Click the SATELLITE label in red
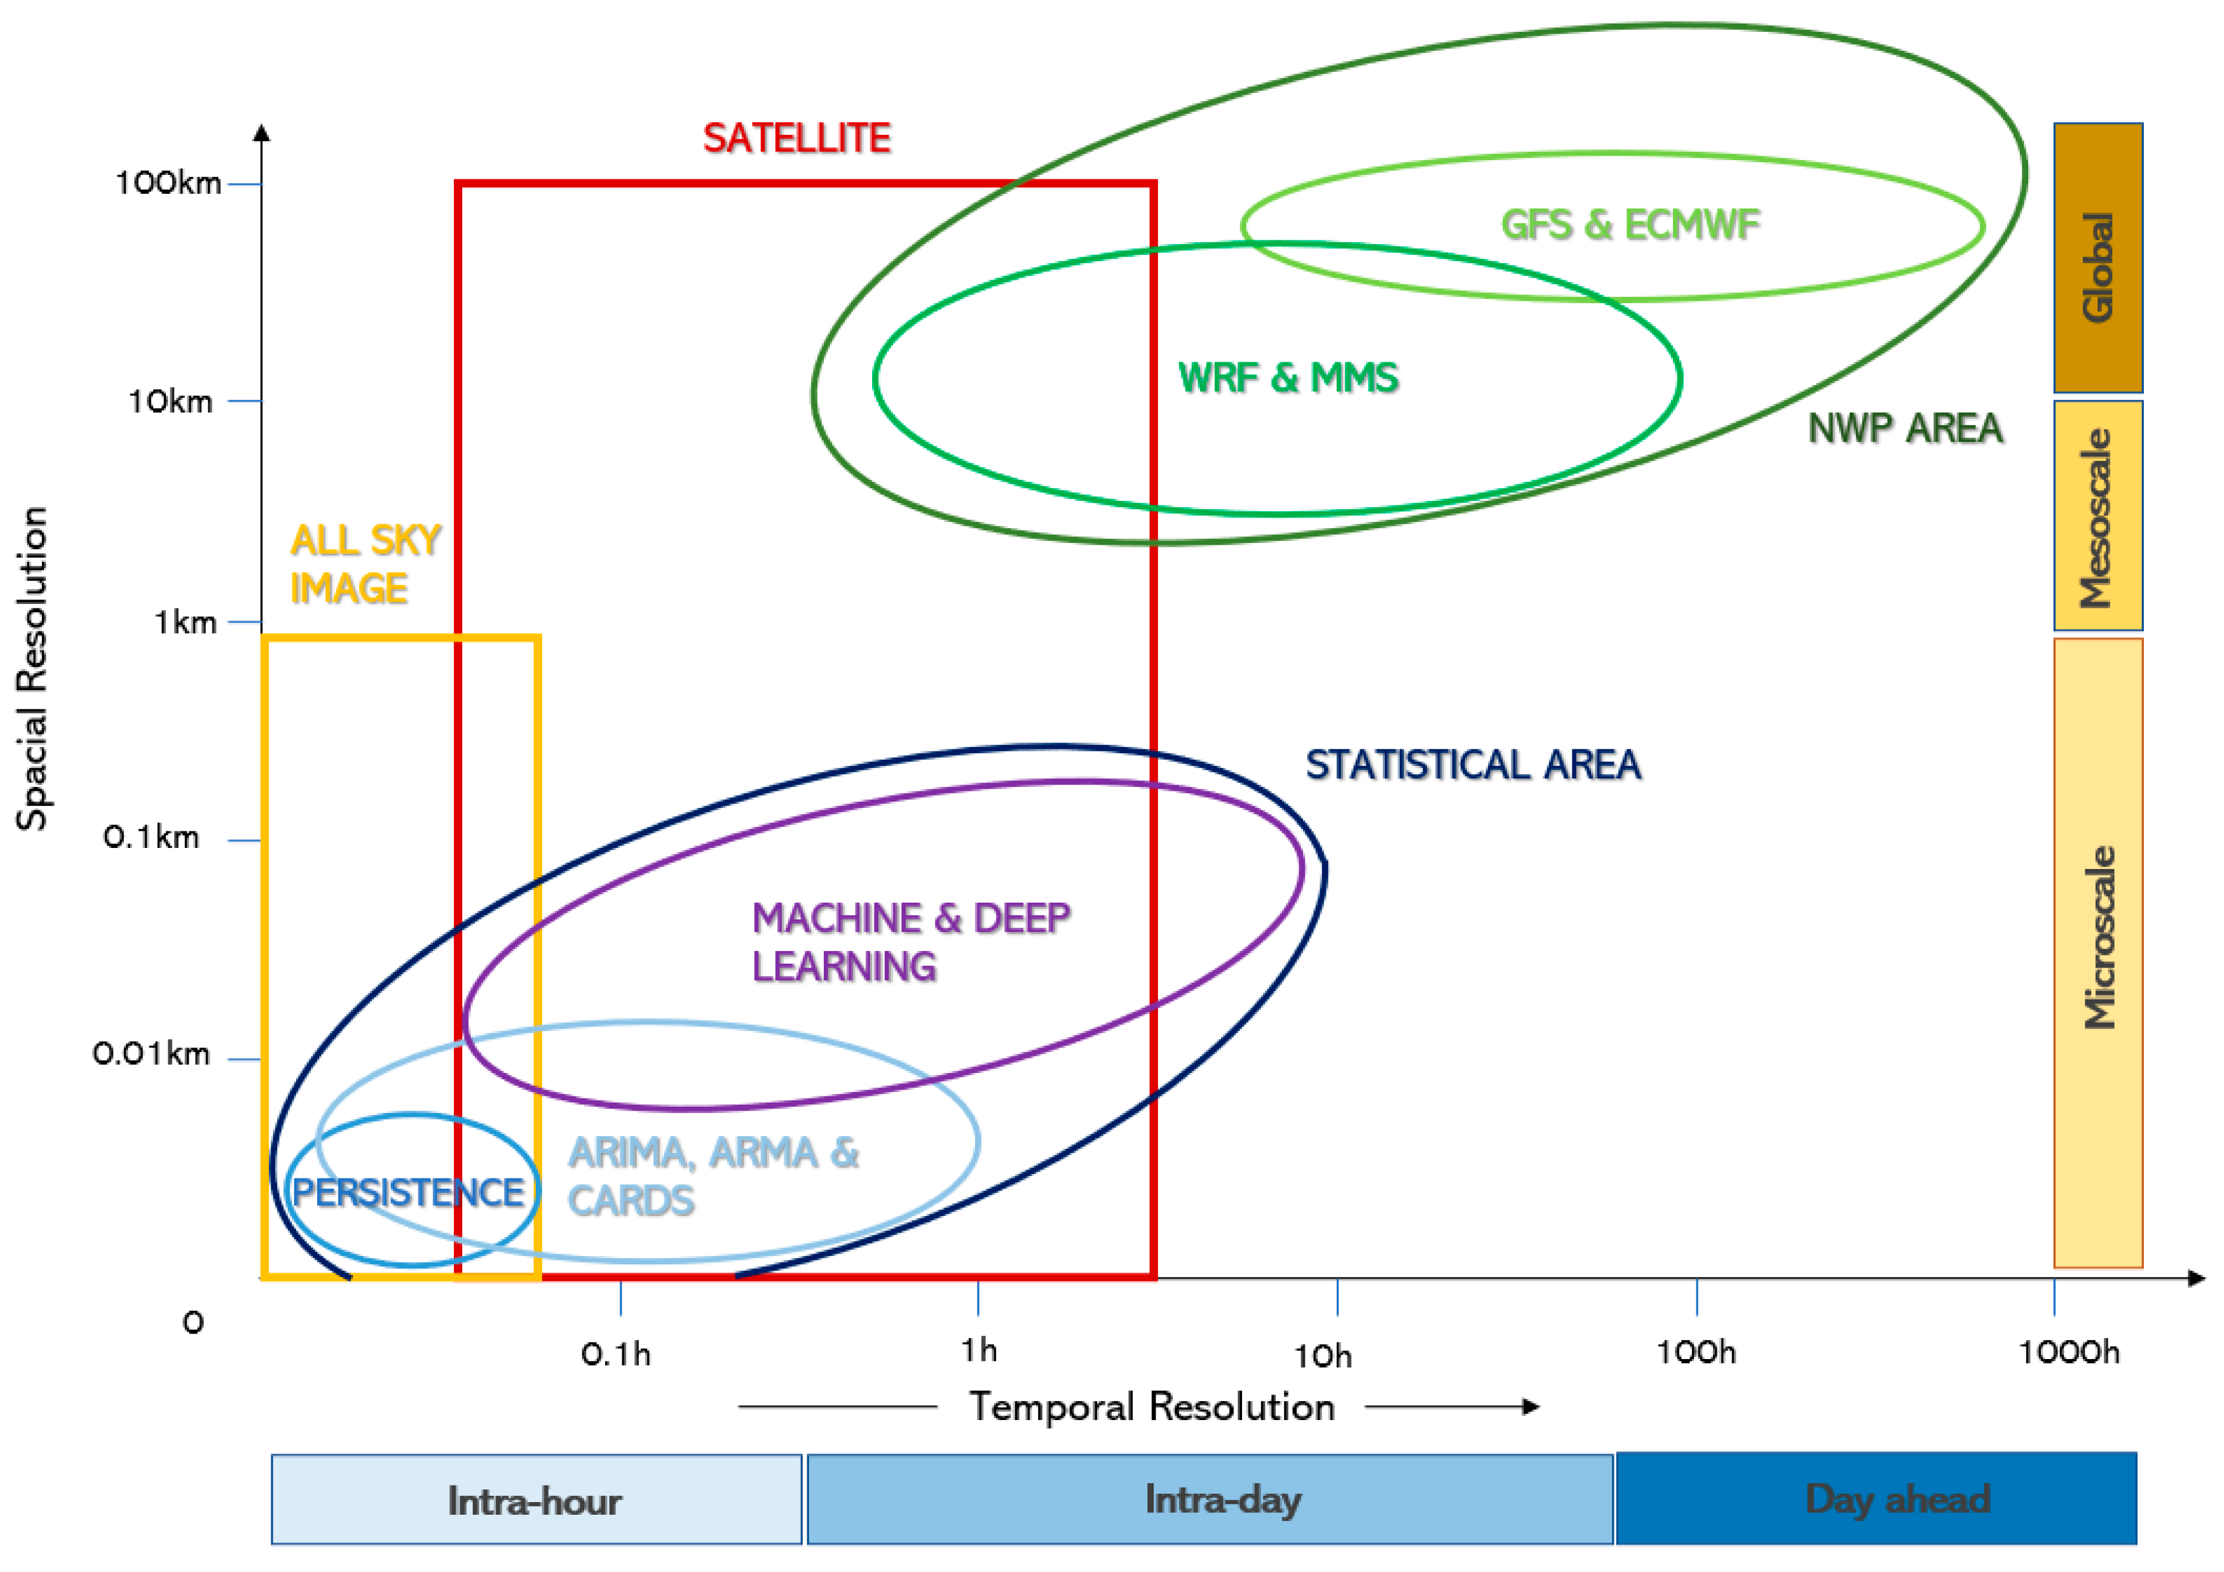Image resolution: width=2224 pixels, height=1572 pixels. point(796,139)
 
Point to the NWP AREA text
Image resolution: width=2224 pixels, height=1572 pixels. point(1904,428)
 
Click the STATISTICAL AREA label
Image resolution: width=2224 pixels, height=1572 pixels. point(1472,765)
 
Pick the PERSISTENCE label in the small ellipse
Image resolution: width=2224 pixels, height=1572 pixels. point(408,1193)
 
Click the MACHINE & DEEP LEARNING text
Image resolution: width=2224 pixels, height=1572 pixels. point(911,941)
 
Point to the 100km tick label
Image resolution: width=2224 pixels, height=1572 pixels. point(168,183)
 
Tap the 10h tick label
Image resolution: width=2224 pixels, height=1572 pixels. point(1323,1356)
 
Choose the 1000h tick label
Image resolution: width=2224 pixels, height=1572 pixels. point(2069,1352)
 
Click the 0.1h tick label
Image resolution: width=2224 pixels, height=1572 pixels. point(616,1354)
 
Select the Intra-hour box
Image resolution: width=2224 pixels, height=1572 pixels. point(536,1500)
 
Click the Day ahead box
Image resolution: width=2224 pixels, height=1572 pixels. point(1876,1498)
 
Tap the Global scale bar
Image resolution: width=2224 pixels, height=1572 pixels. point(2098,257)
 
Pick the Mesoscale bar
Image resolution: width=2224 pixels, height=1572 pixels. point(2098,516)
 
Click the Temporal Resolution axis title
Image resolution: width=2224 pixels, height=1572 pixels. point(1152,1406)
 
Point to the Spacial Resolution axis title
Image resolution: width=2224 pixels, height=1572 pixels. point(32,668)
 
